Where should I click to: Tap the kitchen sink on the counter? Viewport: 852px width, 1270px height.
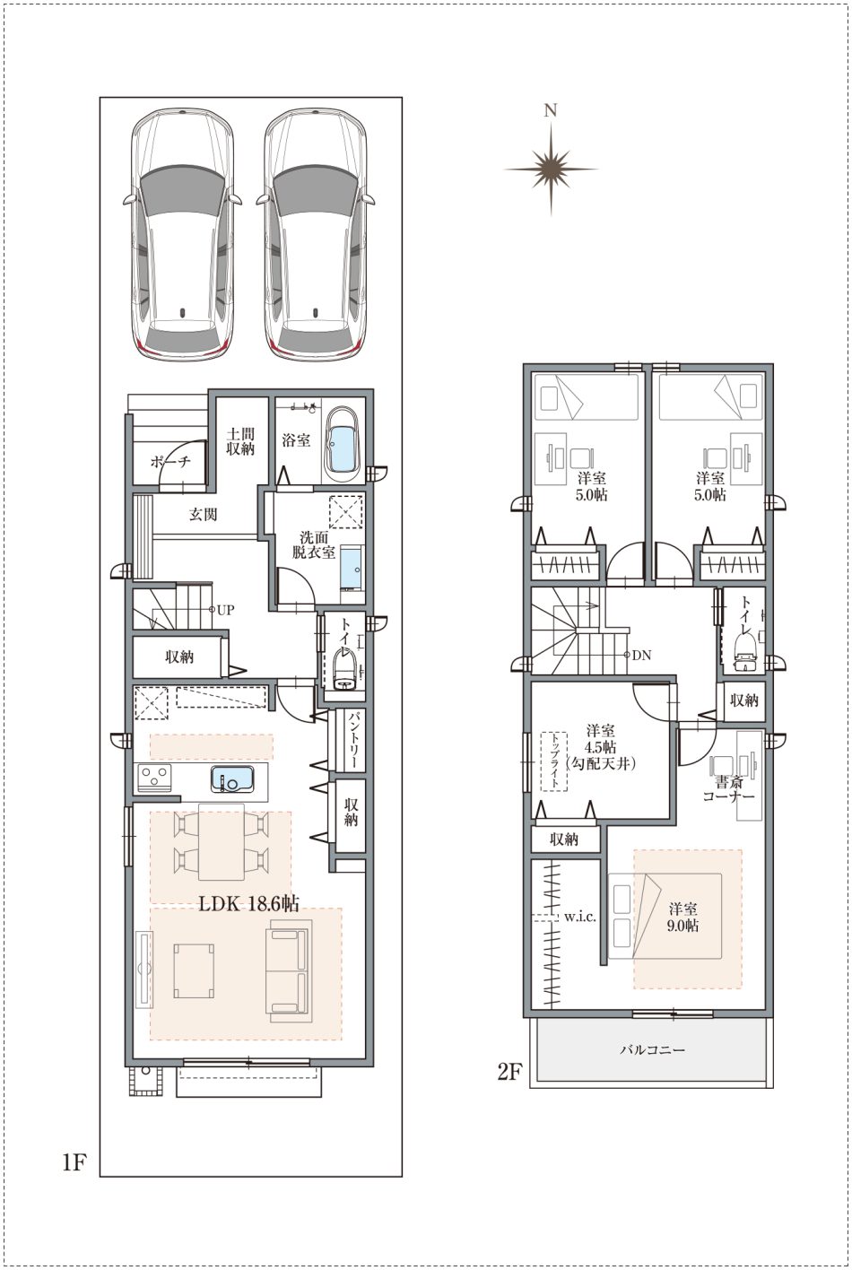[233, 779]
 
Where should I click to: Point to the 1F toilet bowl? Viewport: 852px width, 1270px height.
[343, 670]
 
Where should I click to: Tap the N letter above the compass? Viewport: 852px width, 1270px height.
[550, 110]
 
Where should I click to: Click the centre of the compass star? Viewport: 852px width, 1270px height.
[551, 169]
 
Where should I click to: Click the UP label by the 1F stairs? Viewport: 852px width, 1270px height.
[225, 610]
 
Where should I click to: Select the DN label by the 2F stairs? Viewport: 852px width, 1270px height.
[641, 656]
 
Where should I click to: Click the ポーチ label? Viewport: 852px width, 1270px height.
[170, 462]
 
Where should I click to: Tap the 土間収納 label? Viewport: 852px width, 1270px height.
[241, 441]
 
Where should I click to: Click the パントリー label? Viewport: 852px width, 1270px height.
[349, 741]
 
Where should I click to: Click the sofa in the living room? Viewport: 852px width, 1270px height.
[289, 971]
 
